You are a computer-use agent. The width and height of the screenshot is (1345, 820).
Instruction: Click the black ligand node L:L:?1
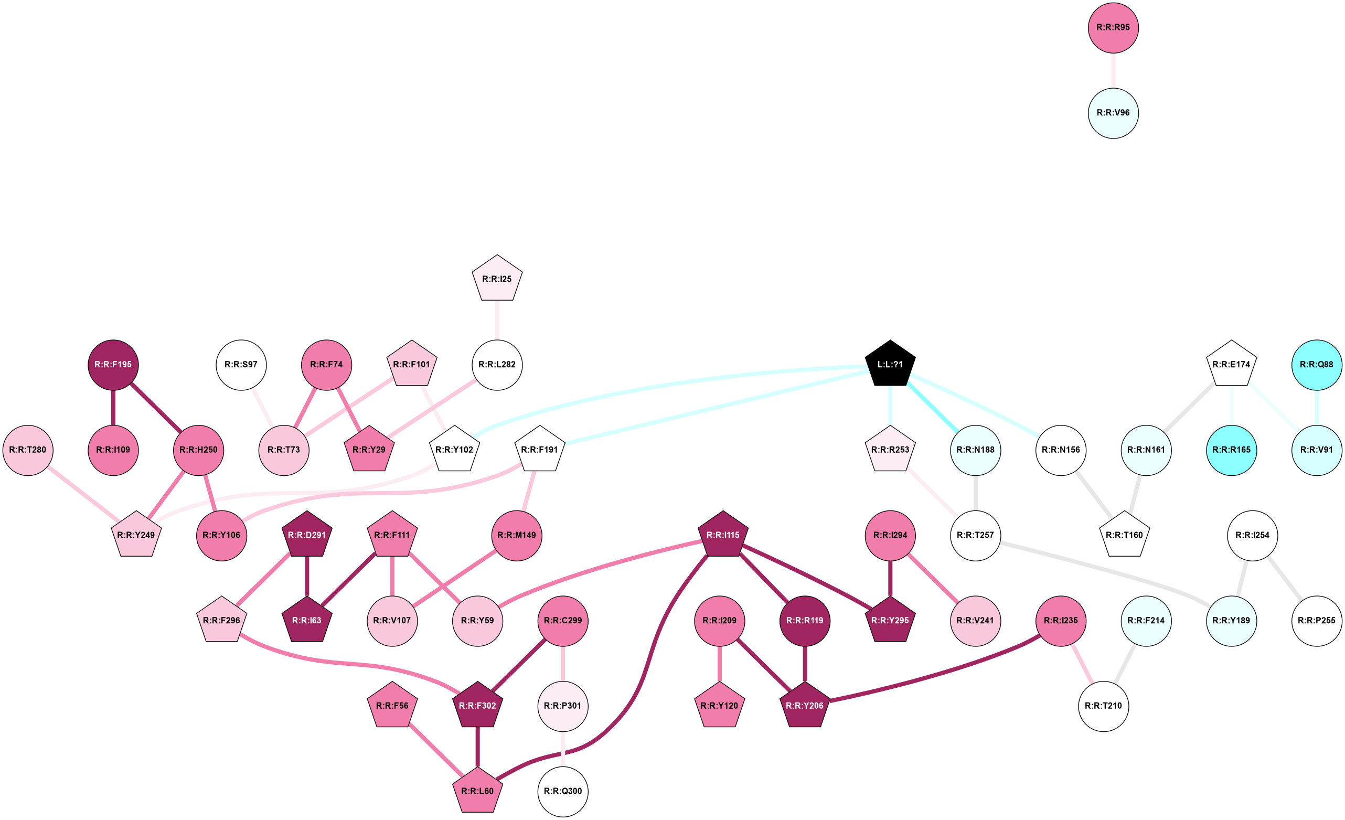coord(890,364)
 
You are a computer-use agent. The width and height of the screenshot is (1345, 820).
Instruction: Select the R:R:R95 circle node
coord(1113,27)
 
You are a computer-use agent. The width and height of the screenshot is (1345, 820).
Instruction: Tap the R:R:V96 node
coord(1113,113)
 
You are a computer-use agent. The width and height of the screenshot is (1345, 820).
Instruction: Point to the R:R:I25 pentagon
coord(497,279)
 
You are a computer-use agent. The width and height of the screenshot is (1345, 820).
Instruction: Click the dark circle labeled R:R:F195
coord(113,364)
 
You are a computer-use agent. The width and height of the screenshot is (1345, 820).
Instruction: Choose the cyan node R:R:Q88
coord(1317,364)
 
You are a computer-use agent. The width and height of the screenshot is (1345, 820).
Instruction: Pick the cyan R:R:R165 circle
coord(1231,450)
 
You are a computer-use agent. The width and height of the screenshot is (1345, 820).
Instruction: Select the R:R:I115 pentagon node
coord(723,535)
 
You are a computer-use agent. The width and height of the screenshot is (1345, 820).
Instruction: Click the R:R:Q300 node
coord(563,791)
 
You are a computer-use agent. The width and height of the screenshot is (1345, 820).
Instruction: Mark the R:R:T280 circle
coord(28,450)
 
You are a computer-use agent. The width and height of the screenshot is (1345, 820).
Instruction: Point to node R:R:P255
coord(1317,620)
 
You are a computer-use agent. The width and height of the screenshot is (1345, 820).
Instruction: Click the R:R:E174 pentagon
coord(1231,364)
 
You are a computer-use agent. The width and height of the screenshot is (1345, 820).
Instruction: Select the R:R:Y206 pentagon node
coord(805,705)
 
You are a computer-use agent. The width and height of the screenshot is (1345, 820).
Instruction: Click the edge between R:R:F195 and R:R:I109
coord(113,407)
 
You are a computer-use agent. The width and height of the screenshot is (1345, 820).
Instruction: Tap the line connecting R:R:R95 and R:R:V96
coord(1113,70)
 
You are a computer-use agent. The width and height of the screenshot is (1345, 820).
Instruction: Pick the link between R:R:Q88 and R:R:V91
coord(1317,407)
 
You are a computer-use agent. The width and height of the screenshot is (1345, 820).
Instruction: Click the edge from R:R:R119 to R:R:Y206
coord(805,663)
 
